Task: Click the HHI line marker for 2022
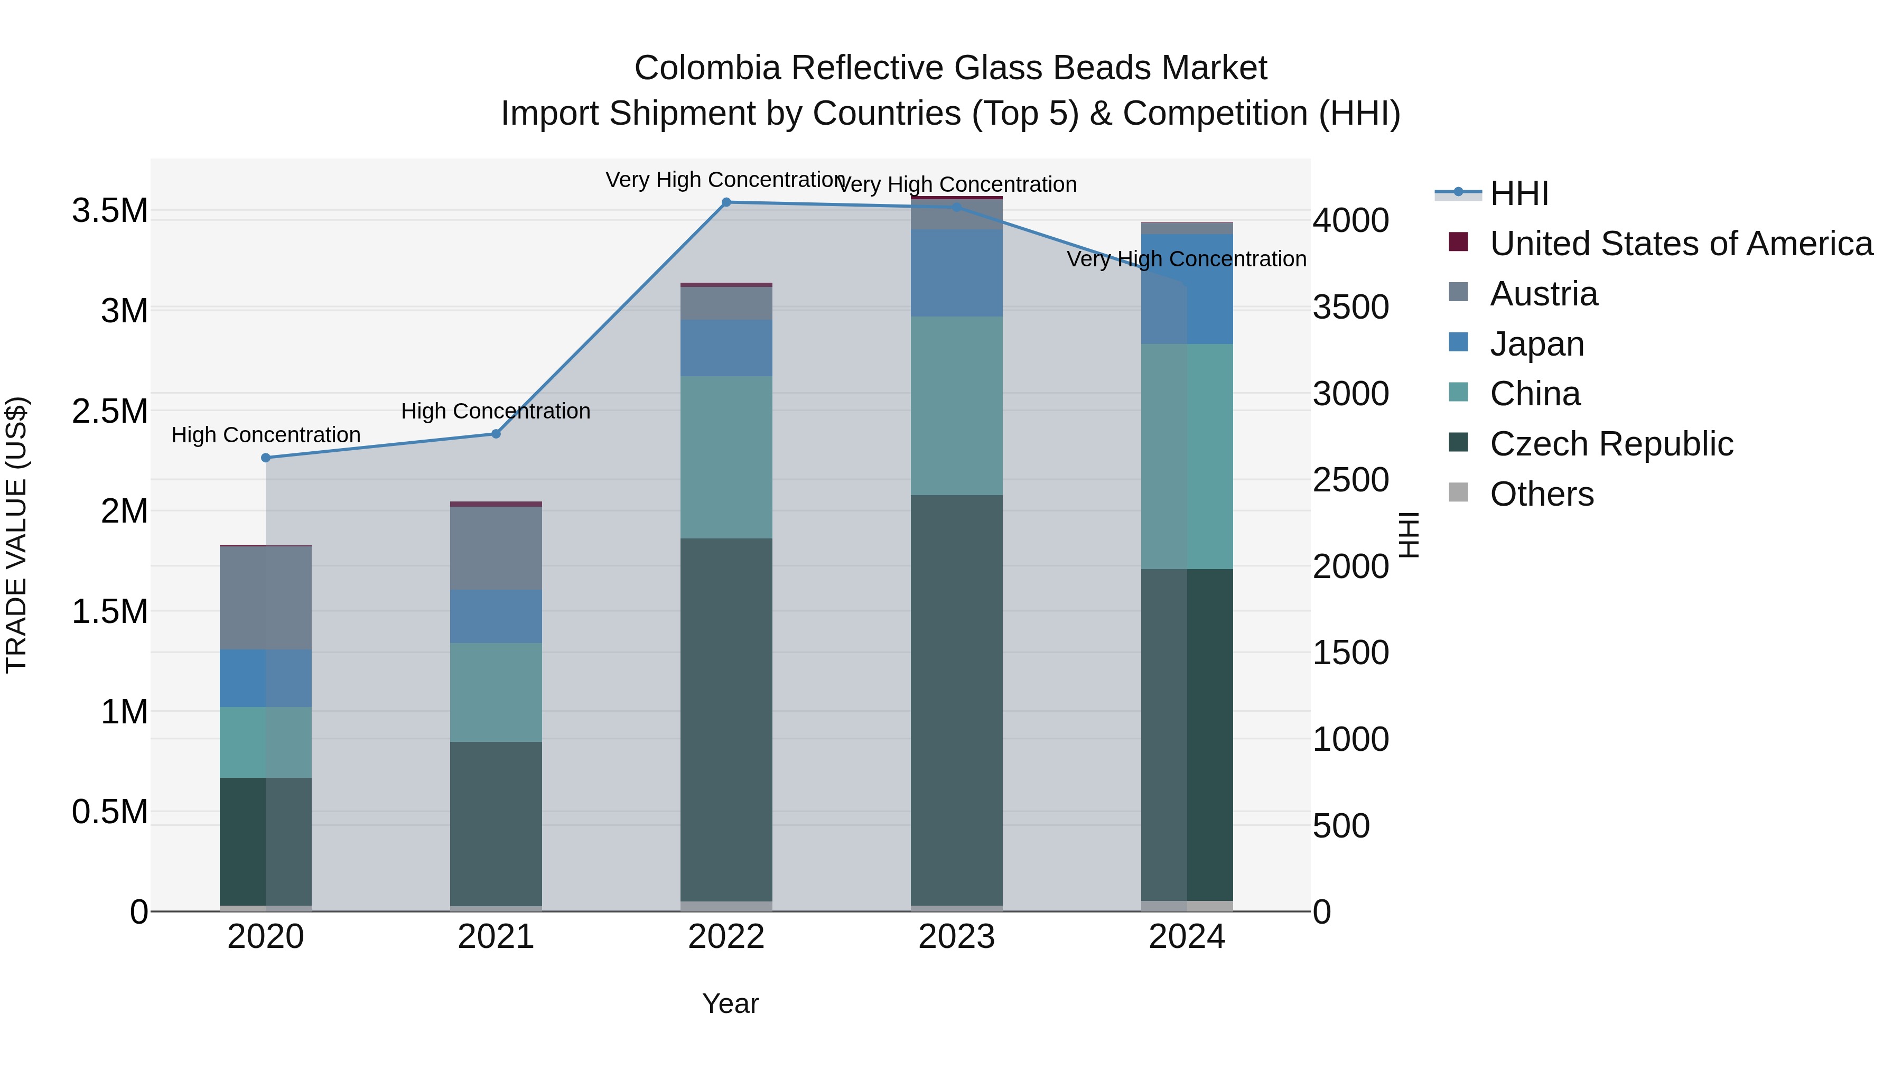[726, 202]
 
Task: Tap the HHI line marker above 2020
[266, 458]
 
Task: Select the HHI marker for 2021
[496, 434]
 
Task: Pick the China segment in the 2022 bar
[726, 457]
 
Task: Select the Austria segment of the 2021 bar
[496, 548]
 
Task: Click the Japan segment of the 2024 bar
[1187, 289]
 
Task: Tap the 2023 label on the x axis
[956, 937]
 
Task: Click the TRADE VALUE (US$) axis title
[16, 535]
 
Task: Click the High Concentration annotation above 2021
[496, 411]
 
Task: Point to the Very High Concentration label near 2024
[1187, 259]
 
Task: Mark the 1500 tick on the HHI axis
[1350, 653]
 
